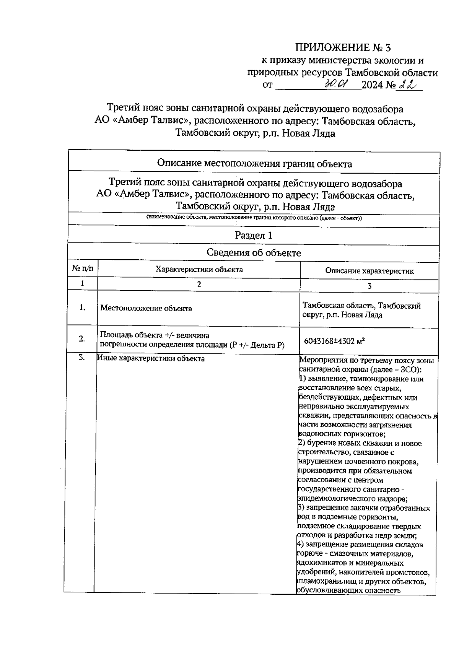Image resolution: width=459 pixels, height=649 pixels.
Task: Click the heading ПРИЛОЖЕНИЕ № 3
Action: [x=343, y=47]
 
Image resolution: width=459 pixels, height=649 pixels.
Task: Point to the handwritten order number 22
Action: [x=407, y=84]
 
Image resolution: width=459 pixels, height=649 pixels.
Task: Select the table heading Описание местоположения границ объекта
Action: [x=255, y=164]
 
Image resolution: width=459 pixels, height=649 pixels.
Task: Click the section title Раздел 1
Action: [x=253, y=235]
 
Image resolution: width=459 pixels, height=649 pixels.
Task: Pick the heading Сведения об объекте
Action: [x=254, y=252]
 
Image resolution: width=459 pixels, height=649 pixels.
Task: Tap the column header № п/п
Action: [x=83, y=269]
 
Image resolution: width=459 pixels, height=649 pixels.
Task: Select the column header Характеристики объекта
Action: [x=199, y=269]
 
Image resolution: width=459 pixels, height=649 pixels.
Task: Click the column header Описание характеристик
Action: [x=369, y=271]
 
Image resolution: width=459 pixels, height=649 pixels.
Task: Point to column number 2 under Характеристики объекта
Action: [x=199, y=284]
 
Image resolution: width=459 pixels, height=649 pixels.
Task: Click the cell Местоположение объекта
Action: [x=146, y=308]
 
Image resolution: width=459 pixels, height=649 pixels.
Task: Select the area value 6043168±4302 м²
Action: [x=334, y=341]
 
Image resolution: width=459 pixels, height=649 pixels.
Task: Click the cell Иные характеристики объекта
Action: [x=151, y=358]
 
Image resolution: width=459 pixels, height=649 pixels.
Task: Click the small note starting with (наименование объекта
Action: [x=254, y=218]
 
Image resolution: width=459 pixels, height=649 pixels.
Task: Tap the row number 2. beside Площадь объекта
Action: [x=81, y=338]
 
